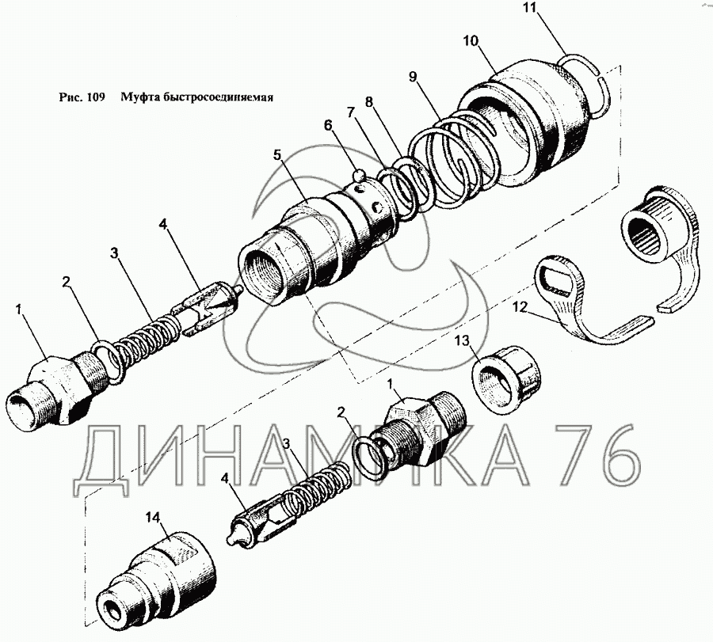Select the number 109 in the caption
coord(97,99)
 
